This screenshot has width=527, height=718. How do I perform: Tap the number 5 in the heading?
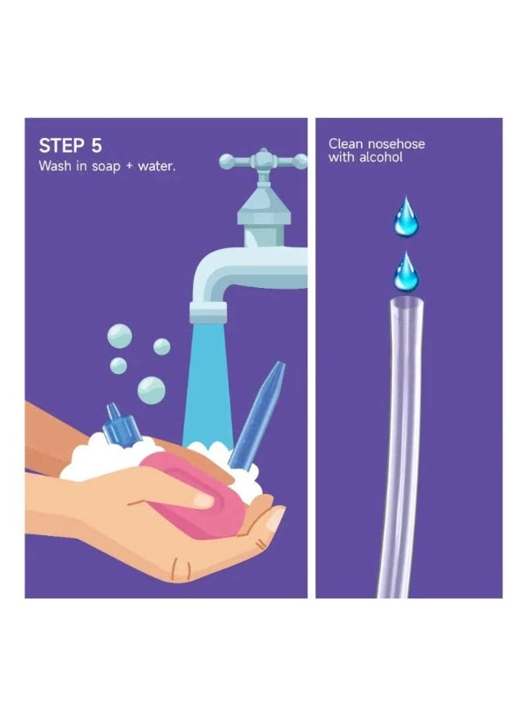[x=97, y=146]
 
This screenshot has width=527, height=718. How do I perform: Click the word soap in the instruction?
[x=106, y=166]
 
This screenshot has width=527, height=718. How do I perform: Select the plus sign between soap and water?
[x=129, y=166]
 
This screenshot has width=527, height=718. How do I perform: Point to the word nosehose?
[x=396, y=144]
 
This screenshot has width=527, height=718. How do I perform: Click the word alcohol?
[x=381, y=157]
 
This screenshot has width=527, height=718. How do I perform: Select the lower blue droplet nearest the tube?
[x=406, y=271]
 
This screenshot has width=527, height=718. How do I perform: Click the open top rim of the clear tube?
[x=406, y=302]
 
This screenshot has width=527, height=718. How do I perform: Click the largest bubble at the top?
[x=120, y=336]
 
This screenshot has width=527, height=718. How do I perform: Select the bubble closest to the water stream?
[x=162, y=347]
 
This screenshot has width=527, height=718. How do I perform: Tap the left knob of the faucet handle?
[x=227, y=161]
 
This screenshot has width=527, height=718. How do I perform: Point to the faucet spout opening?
[x=208, y=314]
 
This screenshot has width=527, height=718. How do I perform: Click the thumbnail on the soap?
[x=204, y=501]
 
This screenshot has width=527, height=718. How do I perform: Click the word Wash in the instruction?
[x=55, y=165]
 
